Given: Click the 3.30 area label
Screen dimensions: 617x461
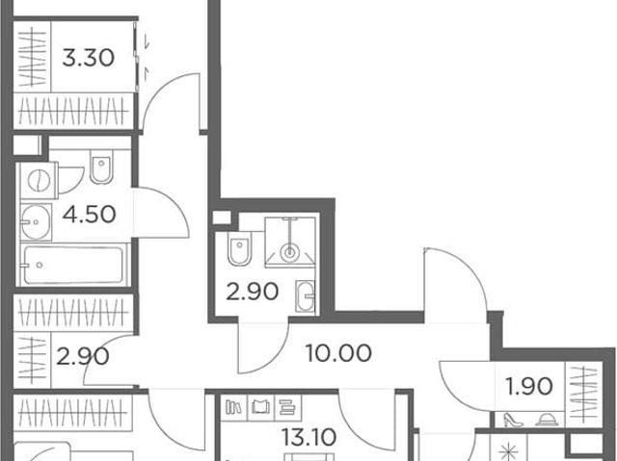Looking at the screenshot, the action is (88, 58).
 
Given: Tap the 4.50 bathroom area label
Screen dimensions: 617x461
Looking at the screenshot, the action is (89, 215).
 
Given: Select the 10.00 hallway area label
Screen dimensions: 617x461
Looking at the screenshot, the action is (338, 352).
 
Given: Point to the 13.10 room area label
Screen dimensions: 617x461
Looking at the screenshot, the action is (308, 437).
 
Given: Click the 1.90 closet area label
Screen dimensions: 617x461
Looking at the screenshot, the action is (529, 386).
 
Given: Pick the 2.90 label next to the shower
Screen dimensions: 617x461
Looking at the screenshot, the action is (253, 292).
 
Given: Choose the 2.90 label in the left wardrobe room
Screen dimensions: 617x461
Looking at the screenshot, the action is (83, 356).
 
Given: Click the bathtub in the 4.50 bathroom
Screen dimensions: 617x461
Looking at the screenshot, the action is (73, 265).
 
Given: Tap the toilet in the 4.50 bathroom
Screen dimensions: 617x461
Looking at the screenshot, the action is (101, 166).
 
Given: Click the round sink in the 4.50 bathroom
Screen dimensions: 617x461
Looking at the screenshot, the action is (36, 222).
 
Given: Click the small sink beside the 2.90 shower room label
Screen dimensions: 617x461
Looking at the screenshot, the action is (306, 295).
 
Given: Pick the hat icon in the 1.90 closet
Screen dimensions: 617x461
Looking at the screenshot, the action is (547, 421).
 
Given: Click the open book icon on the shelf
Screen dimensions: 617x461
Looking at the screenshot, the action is (261, 408).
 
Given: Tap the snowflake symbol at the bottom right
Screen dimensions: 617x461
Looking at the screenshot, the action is (508, 450).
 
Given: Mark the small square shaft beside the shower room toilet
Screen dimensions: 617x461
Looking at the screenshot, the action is (222, 218).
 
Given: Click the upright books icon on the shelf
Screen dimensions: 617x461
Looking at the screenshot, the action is (233, 408).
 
